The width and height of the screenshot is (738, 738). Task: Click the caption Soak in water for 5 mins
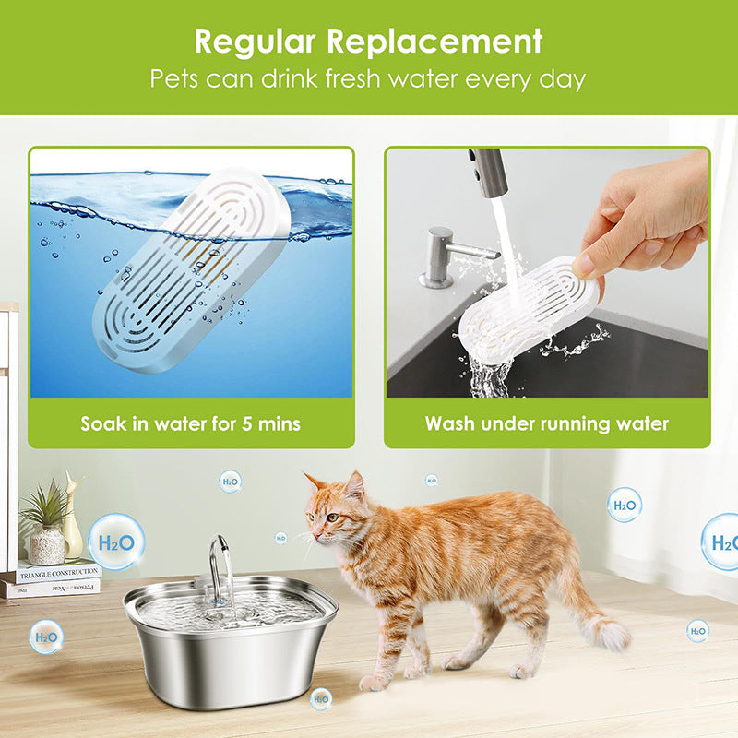tap(190, 424)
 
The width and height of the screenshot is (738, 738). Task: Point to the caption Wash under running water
tap(547, 424)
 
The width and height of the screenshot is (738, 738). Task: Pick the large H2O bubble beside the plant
tap(115, 542)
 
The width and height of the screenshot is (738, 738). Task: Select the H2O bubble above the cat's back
tap(625, 506)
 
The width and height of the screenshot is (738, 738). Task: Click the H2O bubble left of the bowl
tap(45, 636)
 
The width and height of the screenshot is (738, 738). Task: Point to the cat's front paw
tap(375, 682)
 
